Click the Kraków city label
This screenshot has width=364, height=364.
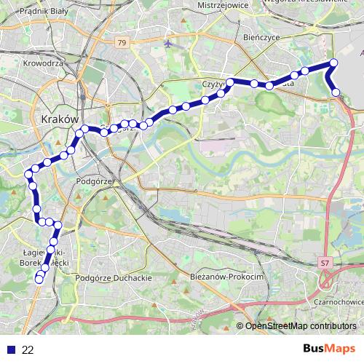60,118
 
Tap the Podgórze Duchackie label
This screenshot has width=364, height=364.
113,278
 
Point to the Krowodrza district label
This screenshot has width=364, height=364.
44,63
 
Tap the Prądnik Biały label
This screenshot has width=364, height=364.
43,12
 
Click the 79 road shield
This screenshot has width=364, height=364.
121,43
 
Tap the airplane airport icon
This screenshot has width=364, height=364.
169,43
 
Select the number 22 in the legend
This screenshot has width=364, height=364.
28,350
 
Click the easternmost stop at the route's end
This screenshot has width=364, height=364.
336,92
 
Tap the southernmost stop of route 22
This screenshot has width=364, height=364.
39,280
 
